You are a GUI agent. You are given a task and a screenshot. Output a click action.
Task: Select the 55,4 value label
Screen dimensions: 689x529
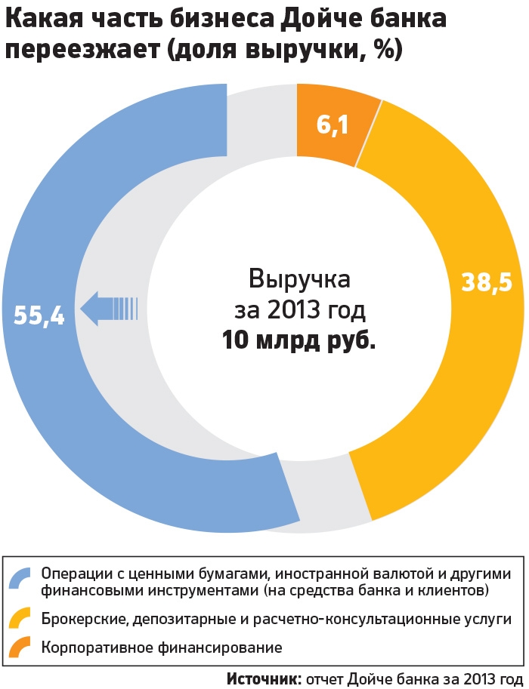39,316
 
